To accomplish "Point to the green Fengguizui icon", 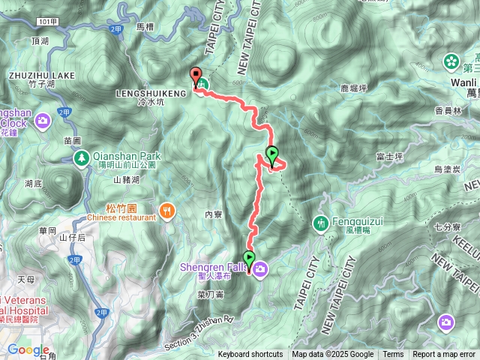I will [321, 223].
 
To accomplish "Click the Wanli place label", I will [460, 81].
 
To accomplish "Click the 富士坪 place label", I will [389, 157].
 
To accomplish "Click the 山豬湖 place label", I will [127, 180].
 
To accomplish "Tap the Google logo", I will [28, 350].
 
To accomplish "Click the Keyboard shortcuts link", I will [250, 355].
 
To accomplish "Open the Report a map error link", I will [445, 355].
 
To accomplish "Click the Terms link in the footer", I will [393, 355].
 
